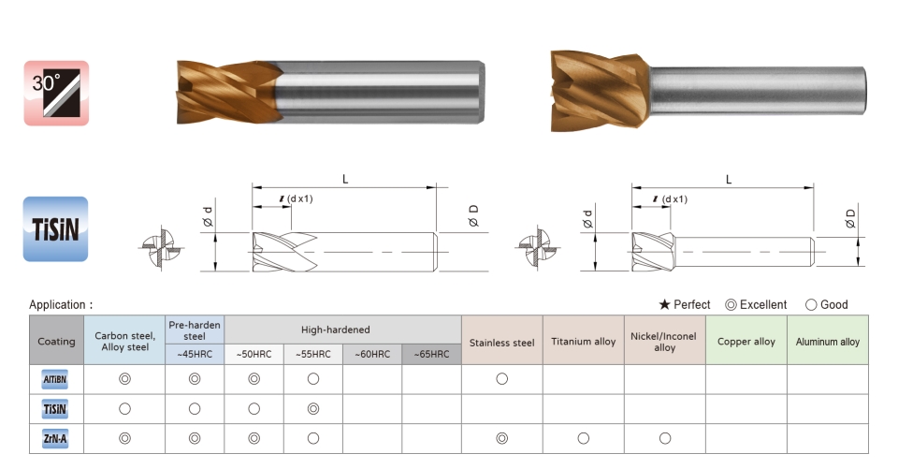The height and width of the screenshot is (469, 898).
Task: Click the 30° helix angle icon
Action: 56,93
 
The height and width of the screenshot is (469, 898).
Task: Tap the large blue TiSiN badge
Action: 55,229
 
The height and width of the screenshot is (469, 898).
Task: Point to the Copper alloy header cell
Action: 746,340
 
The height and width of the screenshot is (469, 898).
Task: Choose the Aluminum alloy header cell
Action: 828,340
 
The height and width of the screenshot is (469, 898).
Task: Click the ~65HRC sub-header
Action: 431,355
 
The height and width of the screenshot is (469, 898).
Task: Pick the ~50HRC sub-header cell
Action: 253,355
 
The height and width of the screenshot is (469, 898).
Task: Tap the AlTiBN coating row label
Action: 55,379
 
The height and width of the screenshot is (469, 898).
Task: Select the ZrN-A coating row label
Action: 55,439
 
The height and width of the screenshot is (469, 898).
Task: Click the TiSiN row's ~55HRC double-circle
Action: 313,409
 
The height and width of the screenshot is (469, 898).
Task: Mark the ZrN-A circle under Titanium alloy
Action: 584,439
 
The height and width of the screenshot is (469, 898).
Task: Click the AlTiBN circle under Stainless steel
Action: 501,379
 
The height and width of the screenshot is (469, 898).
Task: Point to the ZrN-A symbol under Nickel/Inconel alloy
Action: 665,439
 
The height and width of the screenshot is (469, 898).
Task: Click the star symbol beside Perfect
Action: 664,304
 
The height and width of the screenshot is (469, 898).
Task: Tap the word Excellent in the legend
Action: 763,304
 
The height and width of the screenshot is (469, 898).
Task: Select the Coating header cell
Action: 56,340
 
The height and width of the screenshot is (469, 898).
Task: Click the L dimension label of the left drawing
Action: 345,180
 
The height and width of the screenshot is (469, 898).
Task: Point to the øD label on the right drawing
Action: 850,218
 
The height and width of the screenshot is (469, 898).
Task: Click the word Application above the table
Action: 57,305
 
